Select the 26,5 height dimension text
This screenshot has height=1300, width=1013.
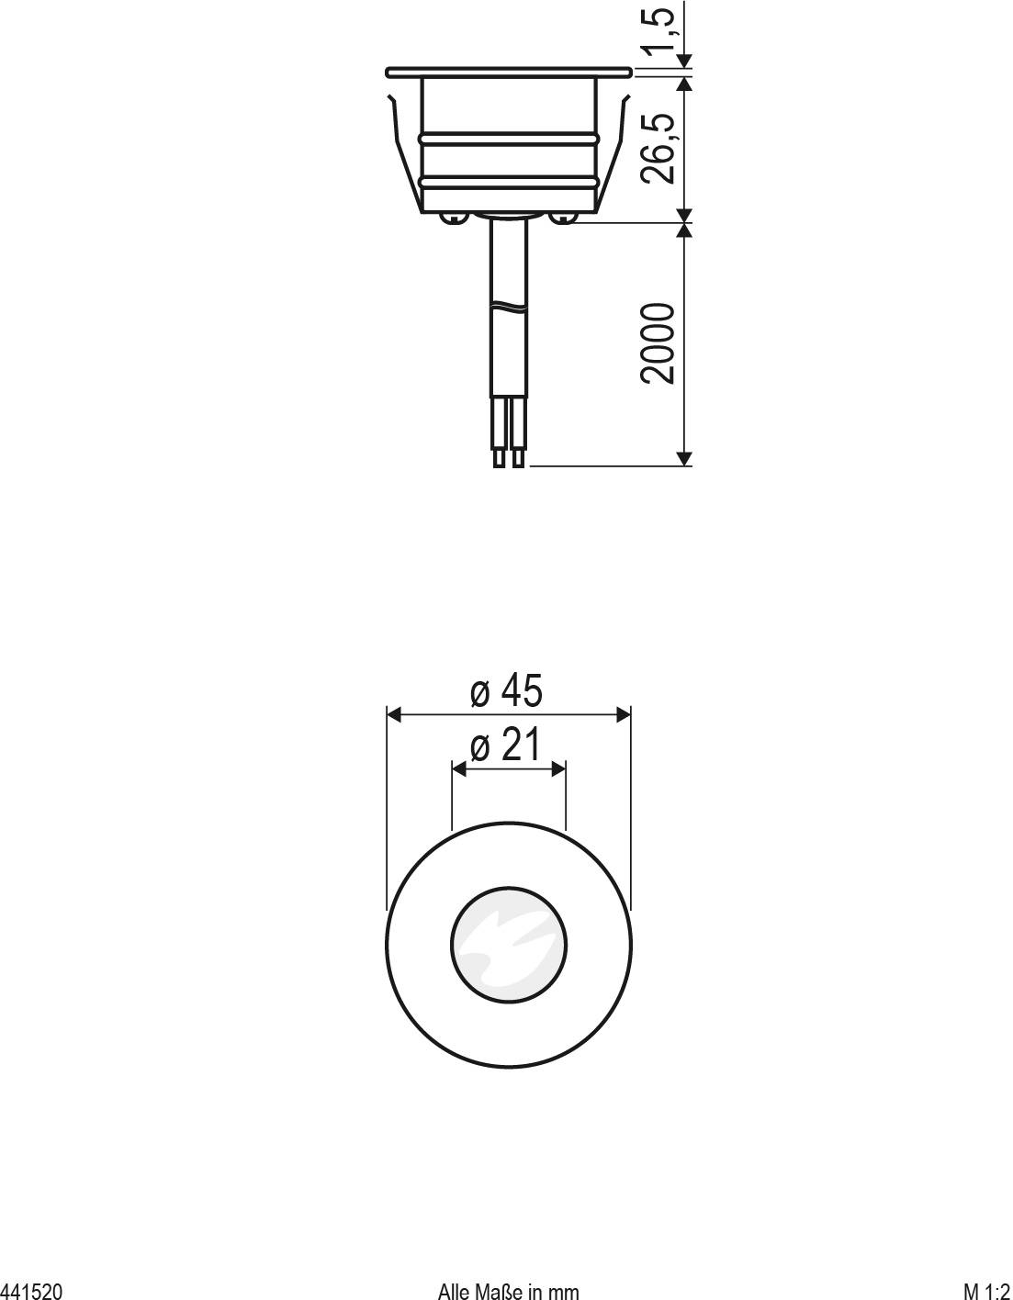pos(661,148)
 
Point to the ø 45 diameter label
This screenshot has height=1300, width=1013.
pos(506,690)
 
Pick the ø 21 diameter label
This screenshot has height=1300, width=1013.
pos(506,745)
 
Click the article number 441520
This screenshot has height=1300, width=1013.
pos(31,1291)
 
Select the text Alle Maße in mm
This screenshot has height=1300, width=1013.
pos(508,1291)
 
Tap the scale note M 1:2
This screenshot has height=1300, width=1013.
pos(986,1291)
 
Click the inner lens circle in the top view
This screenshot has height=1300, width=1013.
pos(508,944)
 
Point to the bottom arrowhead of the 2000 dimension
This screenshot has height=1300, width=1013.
pos(683,458)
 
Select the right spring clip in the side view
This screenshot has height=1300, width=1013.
pos(615,151)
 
